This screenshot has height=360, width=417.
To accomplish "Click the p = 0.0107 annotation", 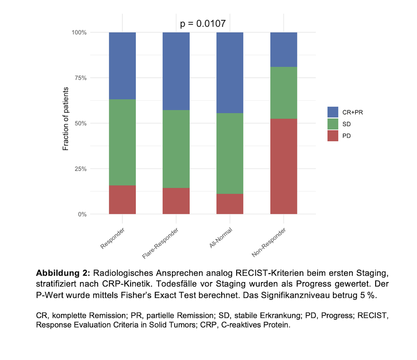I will click(x=203, y=23).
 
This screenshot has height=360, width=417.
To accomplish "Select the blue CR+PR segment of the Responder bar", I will click(x=122, y=65).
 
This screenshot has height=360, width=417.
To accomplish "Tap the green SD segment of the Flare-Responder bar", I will click(x=176, y=149).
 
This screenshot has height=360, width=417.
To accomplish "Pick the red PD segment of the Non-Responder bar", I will click(x=283, y=166).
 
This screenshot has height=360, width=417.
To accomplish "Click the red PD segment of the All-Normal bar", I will click(x=230, y=204).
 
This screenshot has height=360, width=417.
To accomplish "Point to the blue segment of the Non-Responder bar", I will click(x=283, y=49).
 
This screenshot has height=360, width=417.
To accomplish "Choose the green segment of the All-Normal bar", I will click(x=230, y=154).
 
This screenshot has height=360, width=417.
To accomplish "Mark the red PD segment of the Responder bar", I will click(x=122, y=200).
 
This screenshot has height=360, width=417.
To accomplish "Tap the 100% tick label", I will click(x=78, y=33).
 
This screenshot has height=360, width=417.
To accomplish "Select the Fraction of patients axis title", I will click(x=66, y=119).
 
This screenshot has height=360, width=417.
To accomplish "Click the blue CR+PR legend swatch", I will click(x=333, y=112).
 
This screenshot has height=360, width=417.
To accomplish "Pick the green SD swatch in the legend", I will click(x=333, y=124).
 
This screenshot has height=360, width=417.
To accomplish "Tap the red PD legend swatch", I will click(x=333, y=136).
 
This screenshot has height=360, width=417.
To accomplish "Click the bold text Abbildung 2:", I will click(x=63, y=274).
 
